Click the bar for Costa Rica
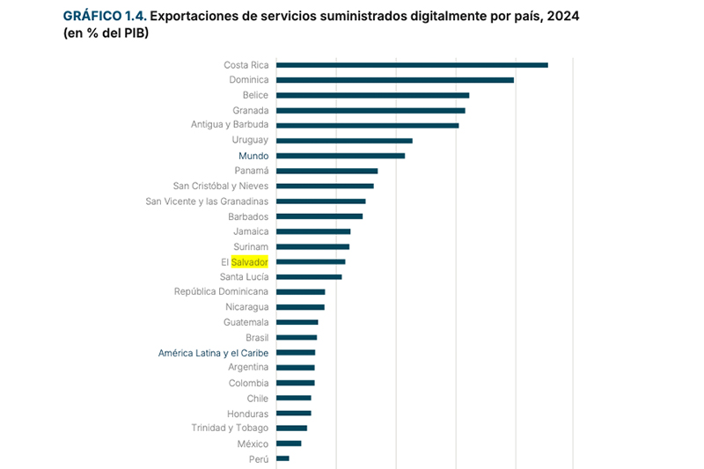(x=412, y=65)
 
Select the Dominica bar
(x=395, y=80)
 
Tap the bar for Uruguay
(x=344, y=141)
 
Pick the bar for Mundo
(x=341, y=156)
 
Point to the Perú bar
(x=282, y=458)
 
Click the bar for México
(x=289, y=443)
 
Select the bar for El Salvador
(x=311, y=261)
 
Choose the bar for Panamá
(x=326, y=171)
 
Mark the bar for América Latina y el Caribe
(x=296, y=353)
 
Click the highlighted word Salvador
(x=250, y=261)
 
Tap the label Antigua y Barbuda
(x=230, y=124)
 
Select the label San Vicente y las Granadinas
(x=207, y=202)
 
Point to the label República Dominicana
(x=222, y=292)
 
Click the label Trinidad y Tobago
(x=230, y=429)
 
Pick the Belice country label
(x=255, y=95)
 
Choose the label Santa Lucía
(x=245, y=277)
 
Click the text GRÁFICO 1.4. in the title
(x=105, y=16)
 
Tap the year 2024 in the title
(x=563, y=16)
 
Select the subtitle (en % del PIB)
(x=106, y=33)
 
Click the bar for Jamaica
(x=313, y=231)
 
